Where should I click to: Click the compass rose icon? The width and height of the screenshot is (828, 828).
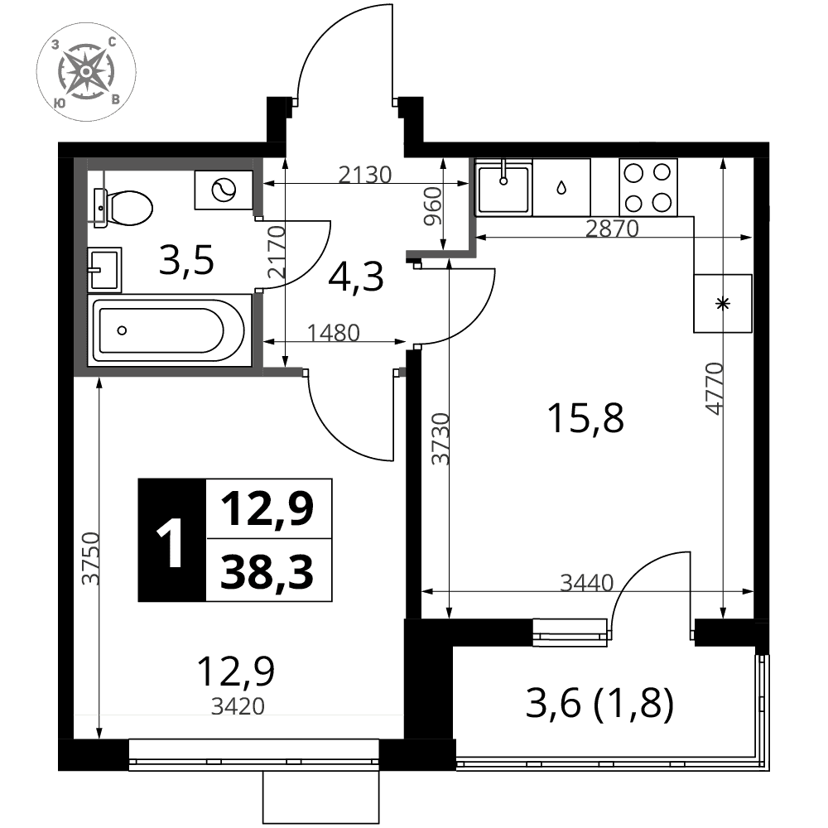pos(86,71)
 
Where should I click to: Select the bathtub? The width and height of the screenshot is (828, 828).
pos(169,330)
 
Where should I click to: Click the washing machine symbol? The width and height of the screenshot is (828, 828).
pos(224,190)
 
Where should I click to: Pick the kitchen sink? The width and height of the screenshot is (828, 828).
pos(503,187)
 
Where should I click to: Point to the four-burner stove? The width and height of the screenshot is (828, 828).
pos(648,187)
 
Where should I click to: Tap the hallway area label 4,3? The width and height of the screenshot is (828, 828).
pos(355,277)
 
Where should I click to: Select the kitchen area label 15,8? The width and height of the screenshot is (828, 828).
pos(585,418)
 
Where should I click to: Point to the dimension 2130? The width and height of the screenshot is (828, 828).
pos(365,175)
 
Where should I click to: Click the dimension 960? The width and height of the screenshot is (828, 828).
pos(432,206)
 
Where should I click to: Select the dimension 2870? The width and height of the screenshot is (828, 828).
pos(612,229)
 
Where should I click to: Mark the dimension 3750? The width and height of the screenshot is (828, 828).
pos(90,559)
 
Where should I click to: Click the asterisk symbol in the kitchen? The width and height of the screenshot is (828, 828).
pos(722,304)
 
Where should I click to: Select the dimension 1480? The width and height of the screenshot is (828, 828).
pos(333,333)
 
